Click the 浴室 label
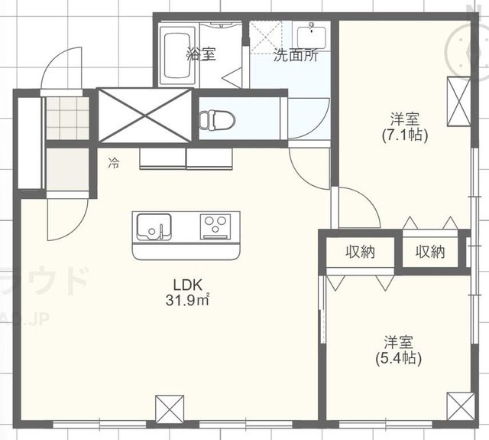point(201,54)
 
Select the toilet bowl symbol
point(212,119)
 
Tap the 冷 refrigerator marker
point(114,162)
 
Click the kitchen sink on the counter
point(154,227)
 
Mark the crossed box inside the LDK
point(169,407)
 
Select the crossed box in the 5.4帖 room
point(461,406)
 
